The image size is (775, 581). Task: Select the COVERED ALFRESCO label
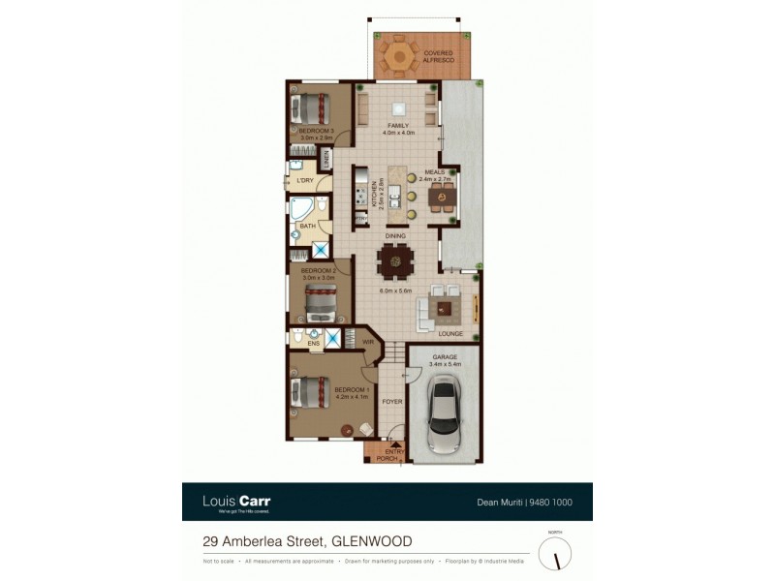tap(438, 57)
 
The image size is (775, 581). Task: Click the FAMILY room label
tap(397, 128)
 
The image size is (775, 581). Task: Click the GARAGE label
tap(446, 357)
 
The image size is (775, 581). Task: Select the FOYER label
tap(391, 401)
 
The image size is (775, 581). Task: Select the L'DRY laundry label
tap(304, 180)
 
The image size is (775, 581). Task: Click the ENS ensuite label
tap(314, 343)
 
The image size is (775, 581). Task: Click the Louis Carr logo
tap(236, 502)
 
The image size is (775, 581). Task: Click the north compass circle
tap(555, 553)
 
